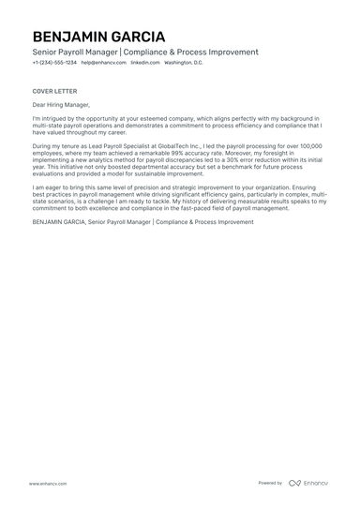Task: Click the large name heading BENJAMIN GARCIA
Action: click(98, 37)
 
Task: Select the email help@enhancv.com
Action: click(100, 63)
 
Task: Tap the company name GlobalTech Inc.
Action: click(179, 147)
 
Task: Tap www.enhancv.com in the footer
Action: click(47, 484)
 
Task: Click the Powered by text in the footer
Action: click(270, 484)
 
